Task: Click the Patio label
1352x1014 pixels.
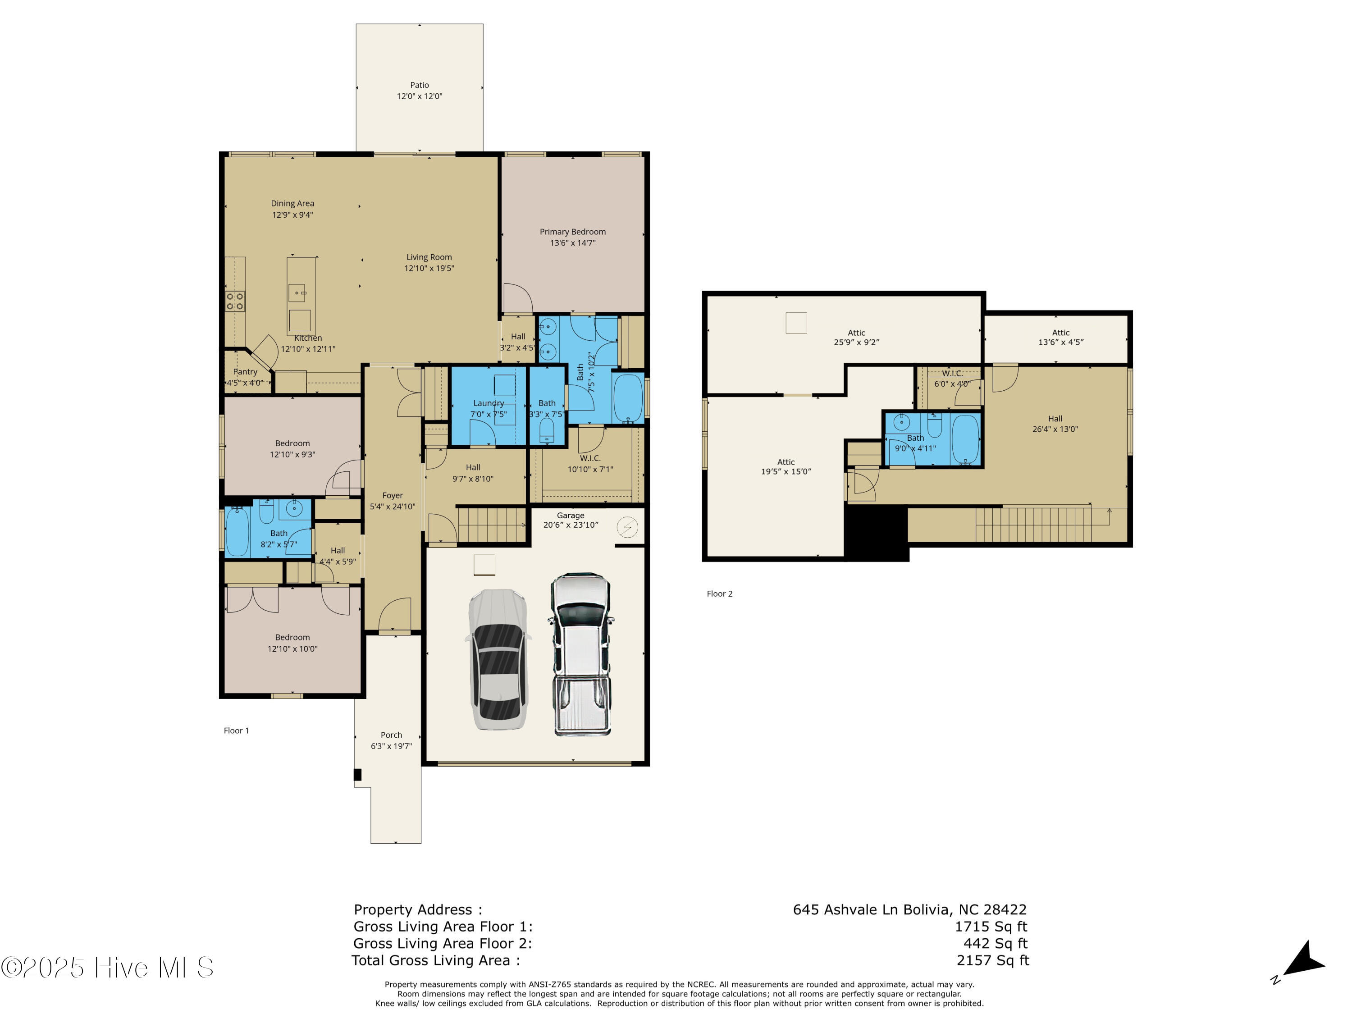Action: tap(419, 85)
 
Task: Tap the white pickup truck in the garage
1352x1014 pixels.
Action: tap(580, 654)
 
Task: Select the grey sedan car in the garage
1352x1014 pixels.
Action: tap(498, 659)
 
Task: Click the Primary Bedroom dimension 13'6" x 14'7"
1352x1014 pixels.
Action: tap(573, 242)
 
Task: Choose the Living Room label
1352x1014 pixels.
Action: tap(429, 257)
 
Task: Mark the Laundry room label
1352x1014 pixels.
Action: tap(489, 403)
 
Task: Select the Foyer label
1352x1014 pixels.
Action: tap(393, 496)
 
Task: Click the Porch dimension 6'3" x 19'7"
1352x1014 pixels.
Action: tap(391, 746)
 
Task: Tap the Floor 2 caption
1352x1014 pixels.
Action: tap(719, 594)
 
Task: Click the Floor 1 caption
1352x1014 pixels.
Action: tap(236, 731)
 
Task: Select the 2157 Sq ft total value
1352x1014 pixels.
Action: tap(993, 960)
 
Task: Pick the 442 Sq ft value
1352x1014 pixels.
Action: tap(996, 944)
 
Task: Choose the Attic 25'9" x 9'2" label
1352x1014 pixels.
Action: tap(856, 338)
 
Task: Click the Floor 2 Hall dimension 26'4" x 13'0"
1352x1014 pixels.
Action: tap(1055, 429)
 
